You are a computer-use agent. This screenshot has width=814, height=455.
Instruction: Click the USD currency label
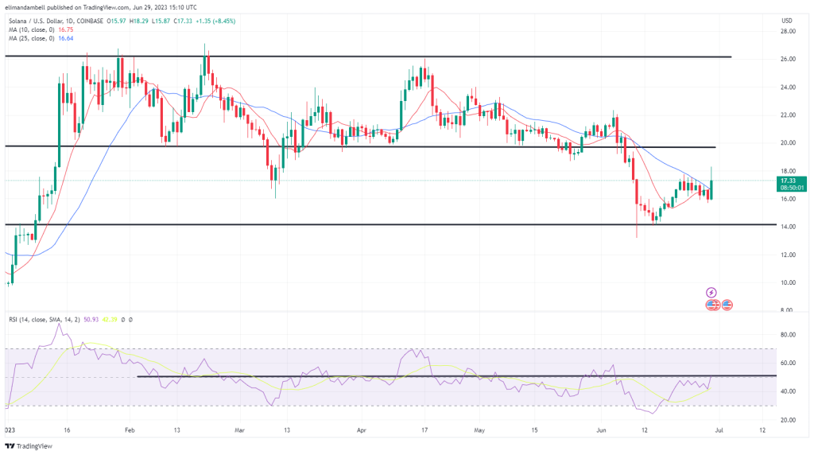click(786, 20)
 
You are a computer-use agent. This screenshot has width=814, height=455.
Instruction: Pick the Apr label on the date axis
click(361, 428)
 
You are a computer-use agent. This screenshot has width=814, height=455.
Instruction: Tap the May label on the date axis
click(479, 428)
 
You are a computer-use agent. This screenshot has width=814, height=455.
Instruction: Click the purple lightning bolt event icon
click(711, 292)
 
